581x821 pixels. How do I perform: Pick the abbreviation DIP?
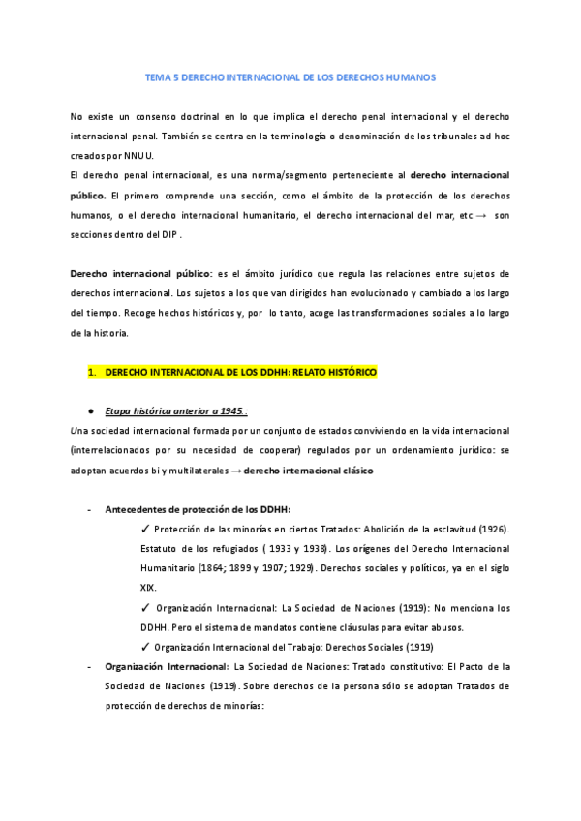166,234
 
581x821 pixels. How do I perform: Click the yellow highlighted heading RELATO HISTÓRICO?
325,372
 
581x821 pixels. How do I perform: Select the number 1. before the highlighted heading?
93,372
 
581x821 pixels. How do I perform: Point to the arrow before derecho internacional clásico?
236,471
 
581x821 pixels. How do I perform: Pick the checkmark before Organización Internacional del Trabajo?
144,647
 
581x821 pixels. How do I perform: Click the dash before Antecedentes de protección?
89,509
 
